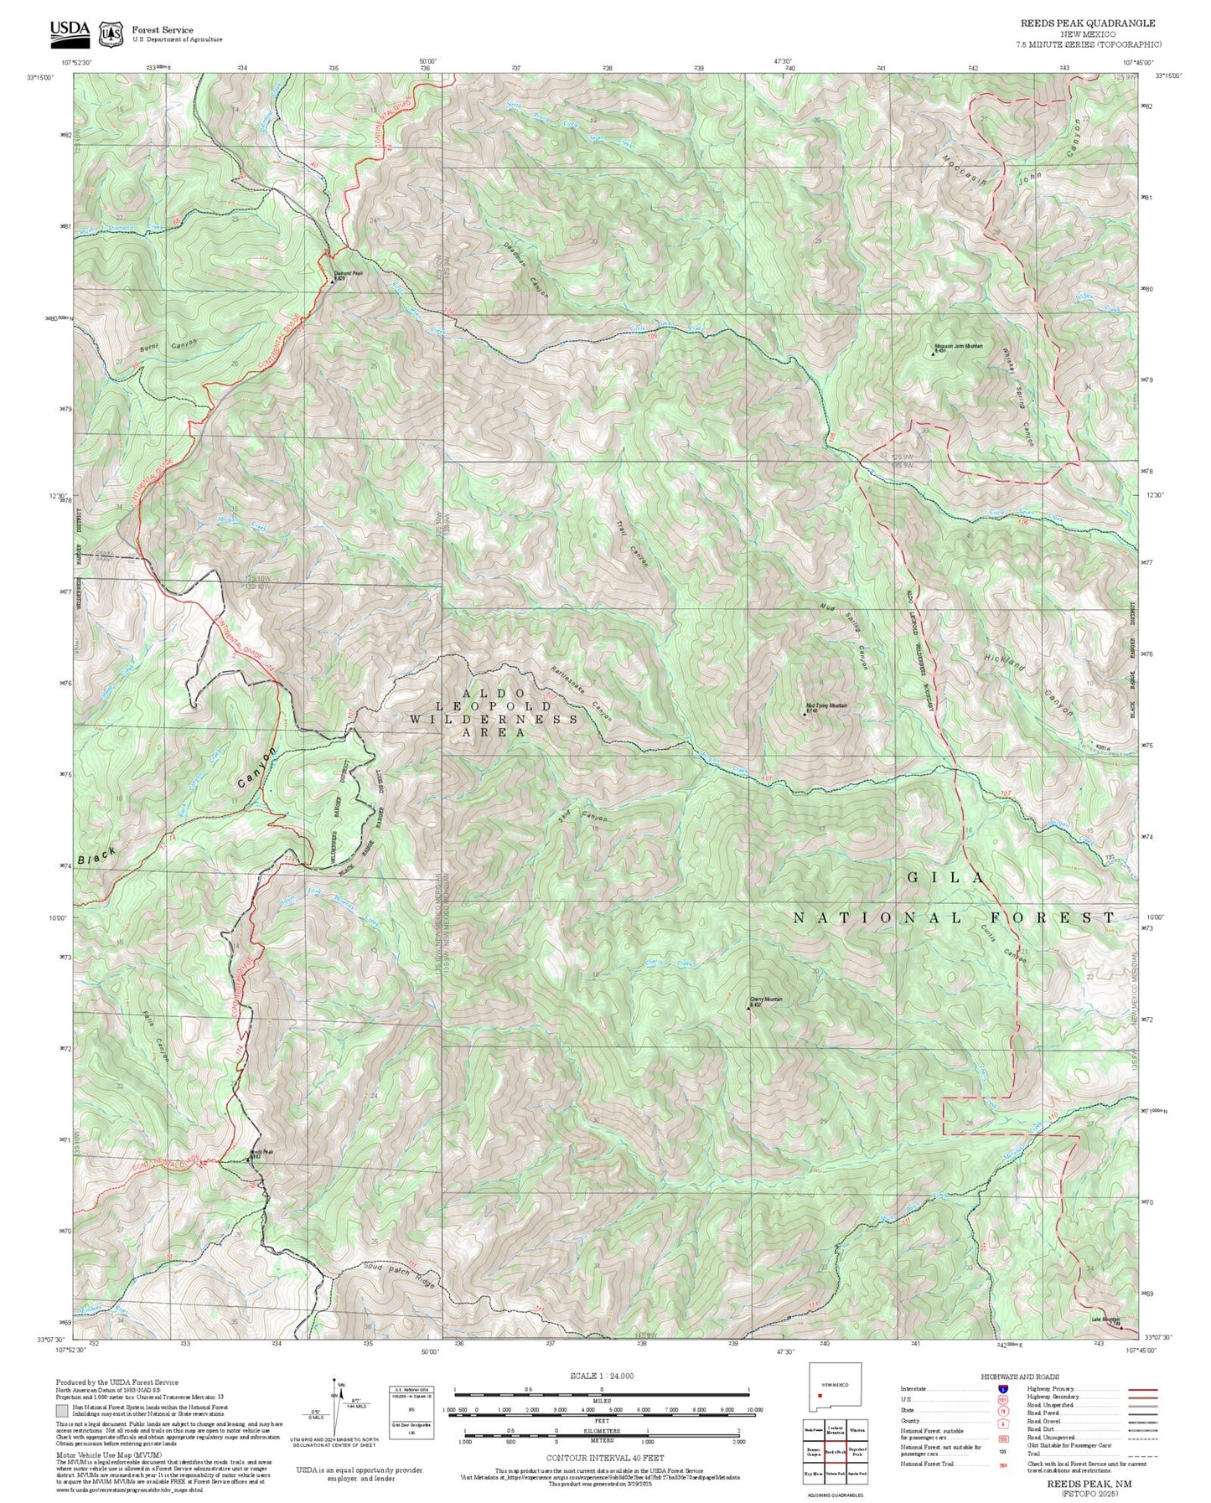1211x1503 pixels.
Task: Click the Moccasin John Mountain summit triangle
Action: click(933, 354)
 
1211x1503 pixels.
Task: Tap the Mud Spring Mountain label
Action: click(826, 705)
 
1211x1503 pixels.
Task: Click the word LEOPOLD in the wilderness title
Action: click(494, 706)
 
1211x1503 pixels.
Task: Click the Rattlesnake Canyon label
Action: click(582, 693)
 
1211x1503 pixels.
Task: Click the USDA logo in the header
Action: click(70, 31)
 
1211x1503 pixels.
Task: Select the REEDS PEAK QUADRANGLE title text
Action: click(1088, 23)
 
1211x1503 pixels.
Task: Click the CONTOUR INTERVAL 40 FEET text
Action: click(604, 1458)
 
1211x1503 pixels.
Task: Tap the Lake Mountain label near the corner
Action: click(1105, 1320)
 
